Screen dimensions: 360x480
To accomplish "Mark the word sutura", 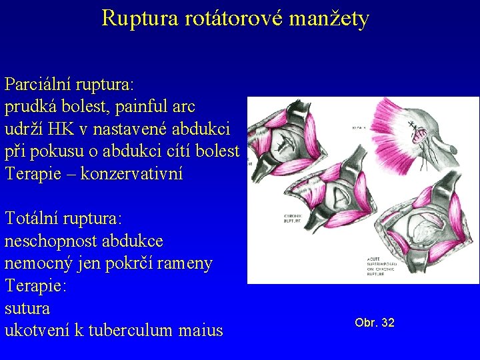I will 27,309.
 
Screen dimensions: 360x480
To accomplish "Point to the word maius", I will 200,330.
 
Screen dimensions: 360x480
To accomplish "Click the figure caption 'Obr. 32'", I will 375,323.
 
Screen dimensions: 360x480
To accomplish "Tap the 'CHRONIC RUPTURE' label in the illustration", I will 294,219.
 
